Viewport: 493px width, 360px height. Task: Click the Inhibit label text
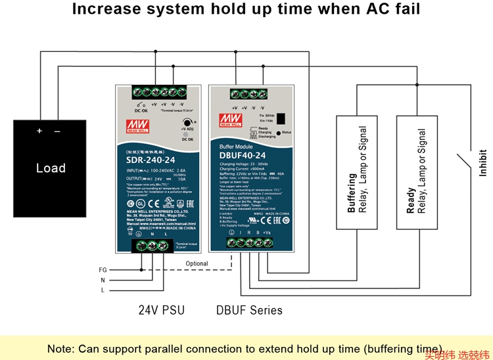pos(483,164)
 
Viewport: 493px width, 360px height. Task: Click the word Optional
pos(197,263)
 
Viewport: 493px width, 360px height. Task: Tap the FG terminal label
pos(103,270)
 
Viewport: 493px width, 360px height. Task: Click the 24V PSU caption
pos(161,310)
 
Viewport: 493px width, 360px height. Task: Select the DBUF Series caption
pos(249,310)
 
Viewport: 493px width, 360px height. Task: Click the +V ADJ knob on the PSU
pos(187,123)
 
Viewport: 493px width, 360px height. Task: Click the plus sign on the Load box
pos(39,131)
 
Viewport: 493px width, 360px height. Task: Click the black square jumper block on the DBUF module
pos(281,119)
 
